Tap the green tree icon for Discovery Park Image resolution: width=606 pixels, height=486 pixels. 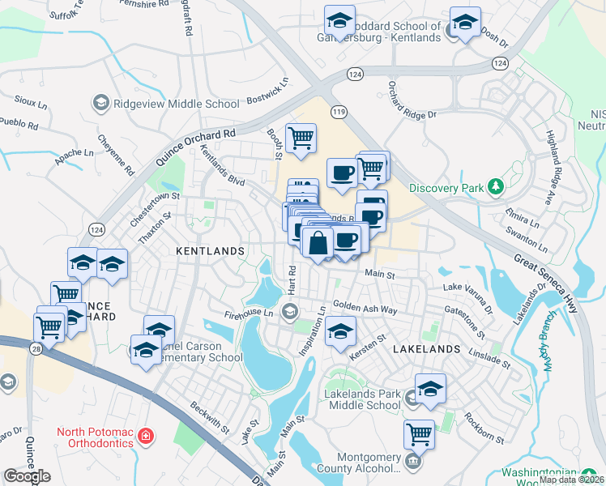coord(496,188)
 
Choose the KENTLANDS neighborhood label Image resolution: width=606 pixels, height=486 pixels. coord(210,252)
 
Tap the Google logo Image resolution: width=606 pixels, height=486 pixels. coord(27,476)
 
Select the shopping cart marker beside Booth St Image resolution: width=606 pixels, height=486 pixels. coord(301,139)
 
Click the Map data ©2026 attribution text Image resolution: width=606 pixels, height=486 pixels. coord(571,480)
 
